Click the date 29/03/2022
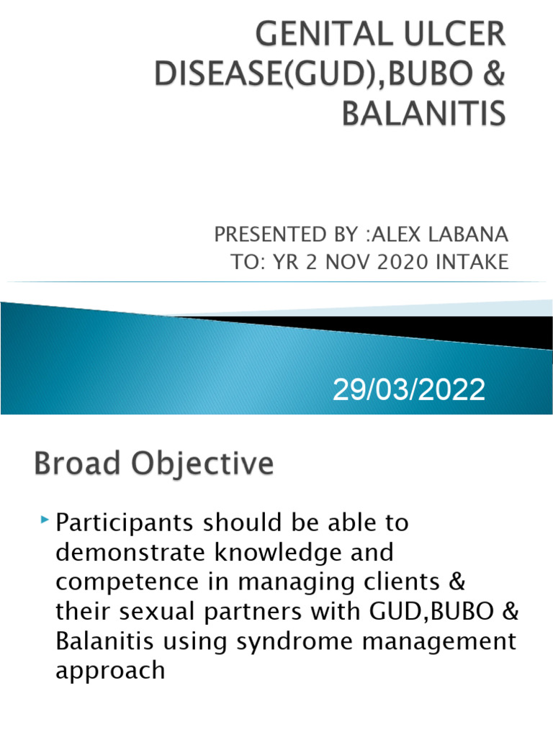[x=408, y=391]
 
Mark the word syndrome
[x=303, y=641]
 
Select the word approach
[x=110, y=672]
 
